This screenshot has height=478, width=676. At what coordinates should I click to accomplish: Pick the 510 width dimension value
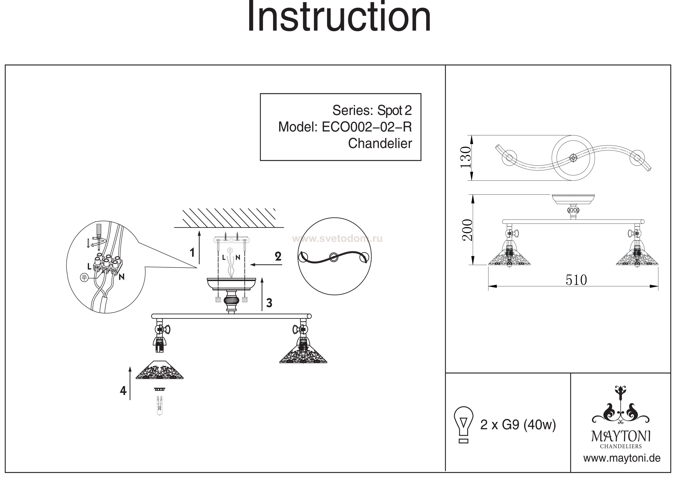click(x=576, y=280)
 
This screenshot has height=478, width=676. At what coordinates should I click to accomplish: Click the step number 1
click(x=192, y=252)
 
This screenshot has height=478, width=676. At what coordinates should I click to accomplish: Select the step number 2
click(x=278, y=257)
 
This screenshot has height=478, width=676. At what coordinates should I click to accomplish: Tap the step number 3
click(x=269, y=303)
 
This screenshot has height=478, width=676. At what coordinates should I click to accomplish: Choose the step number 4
click(x=123, y=391)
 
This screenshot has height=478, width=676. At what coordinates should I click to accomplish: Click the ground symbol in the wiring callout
click(x=84, y=277)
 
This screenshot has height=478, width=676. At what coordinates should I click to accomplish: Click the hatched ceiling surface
click(x=229, y=218)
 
